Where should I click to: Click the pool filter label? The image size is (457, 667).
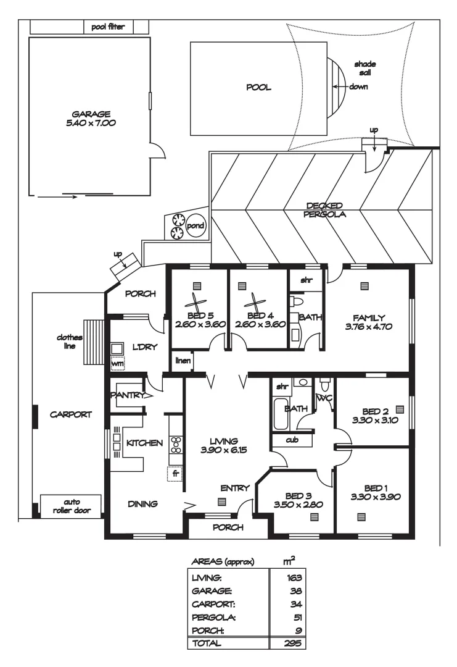(108, 27)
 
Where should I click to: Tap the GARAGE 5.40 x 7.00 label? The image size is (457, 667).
(91, 118)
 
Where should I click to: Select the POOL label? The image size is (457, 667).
(259, 87)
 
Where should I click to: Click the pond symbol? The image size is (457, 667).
(196, 226)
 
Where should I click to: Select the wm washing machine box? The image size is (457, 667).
(117, 364)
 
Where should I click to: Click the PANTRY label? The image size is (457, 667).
(127, 395)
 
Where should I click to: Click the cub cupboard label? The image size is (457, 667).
(292, 440)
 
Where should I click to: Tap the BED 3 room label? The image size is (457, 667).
(298, 500)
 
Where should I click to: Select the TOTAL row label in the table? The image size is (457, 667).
(208, 642)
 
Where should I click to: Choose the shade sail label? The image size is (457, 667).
(364, 68)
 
